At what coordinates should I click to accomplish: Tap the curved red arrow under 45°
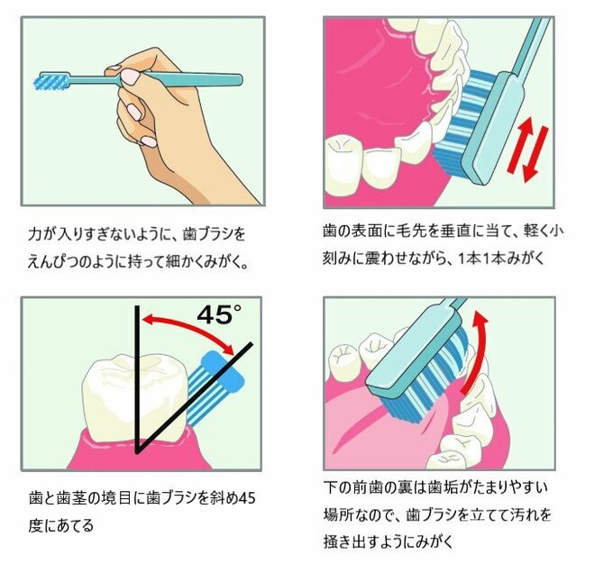pos(189,328)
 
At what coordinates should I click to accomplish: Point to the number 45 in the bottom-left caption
pos(249,499)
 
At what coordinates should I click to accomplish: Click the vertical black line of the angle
pos(137,378)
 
